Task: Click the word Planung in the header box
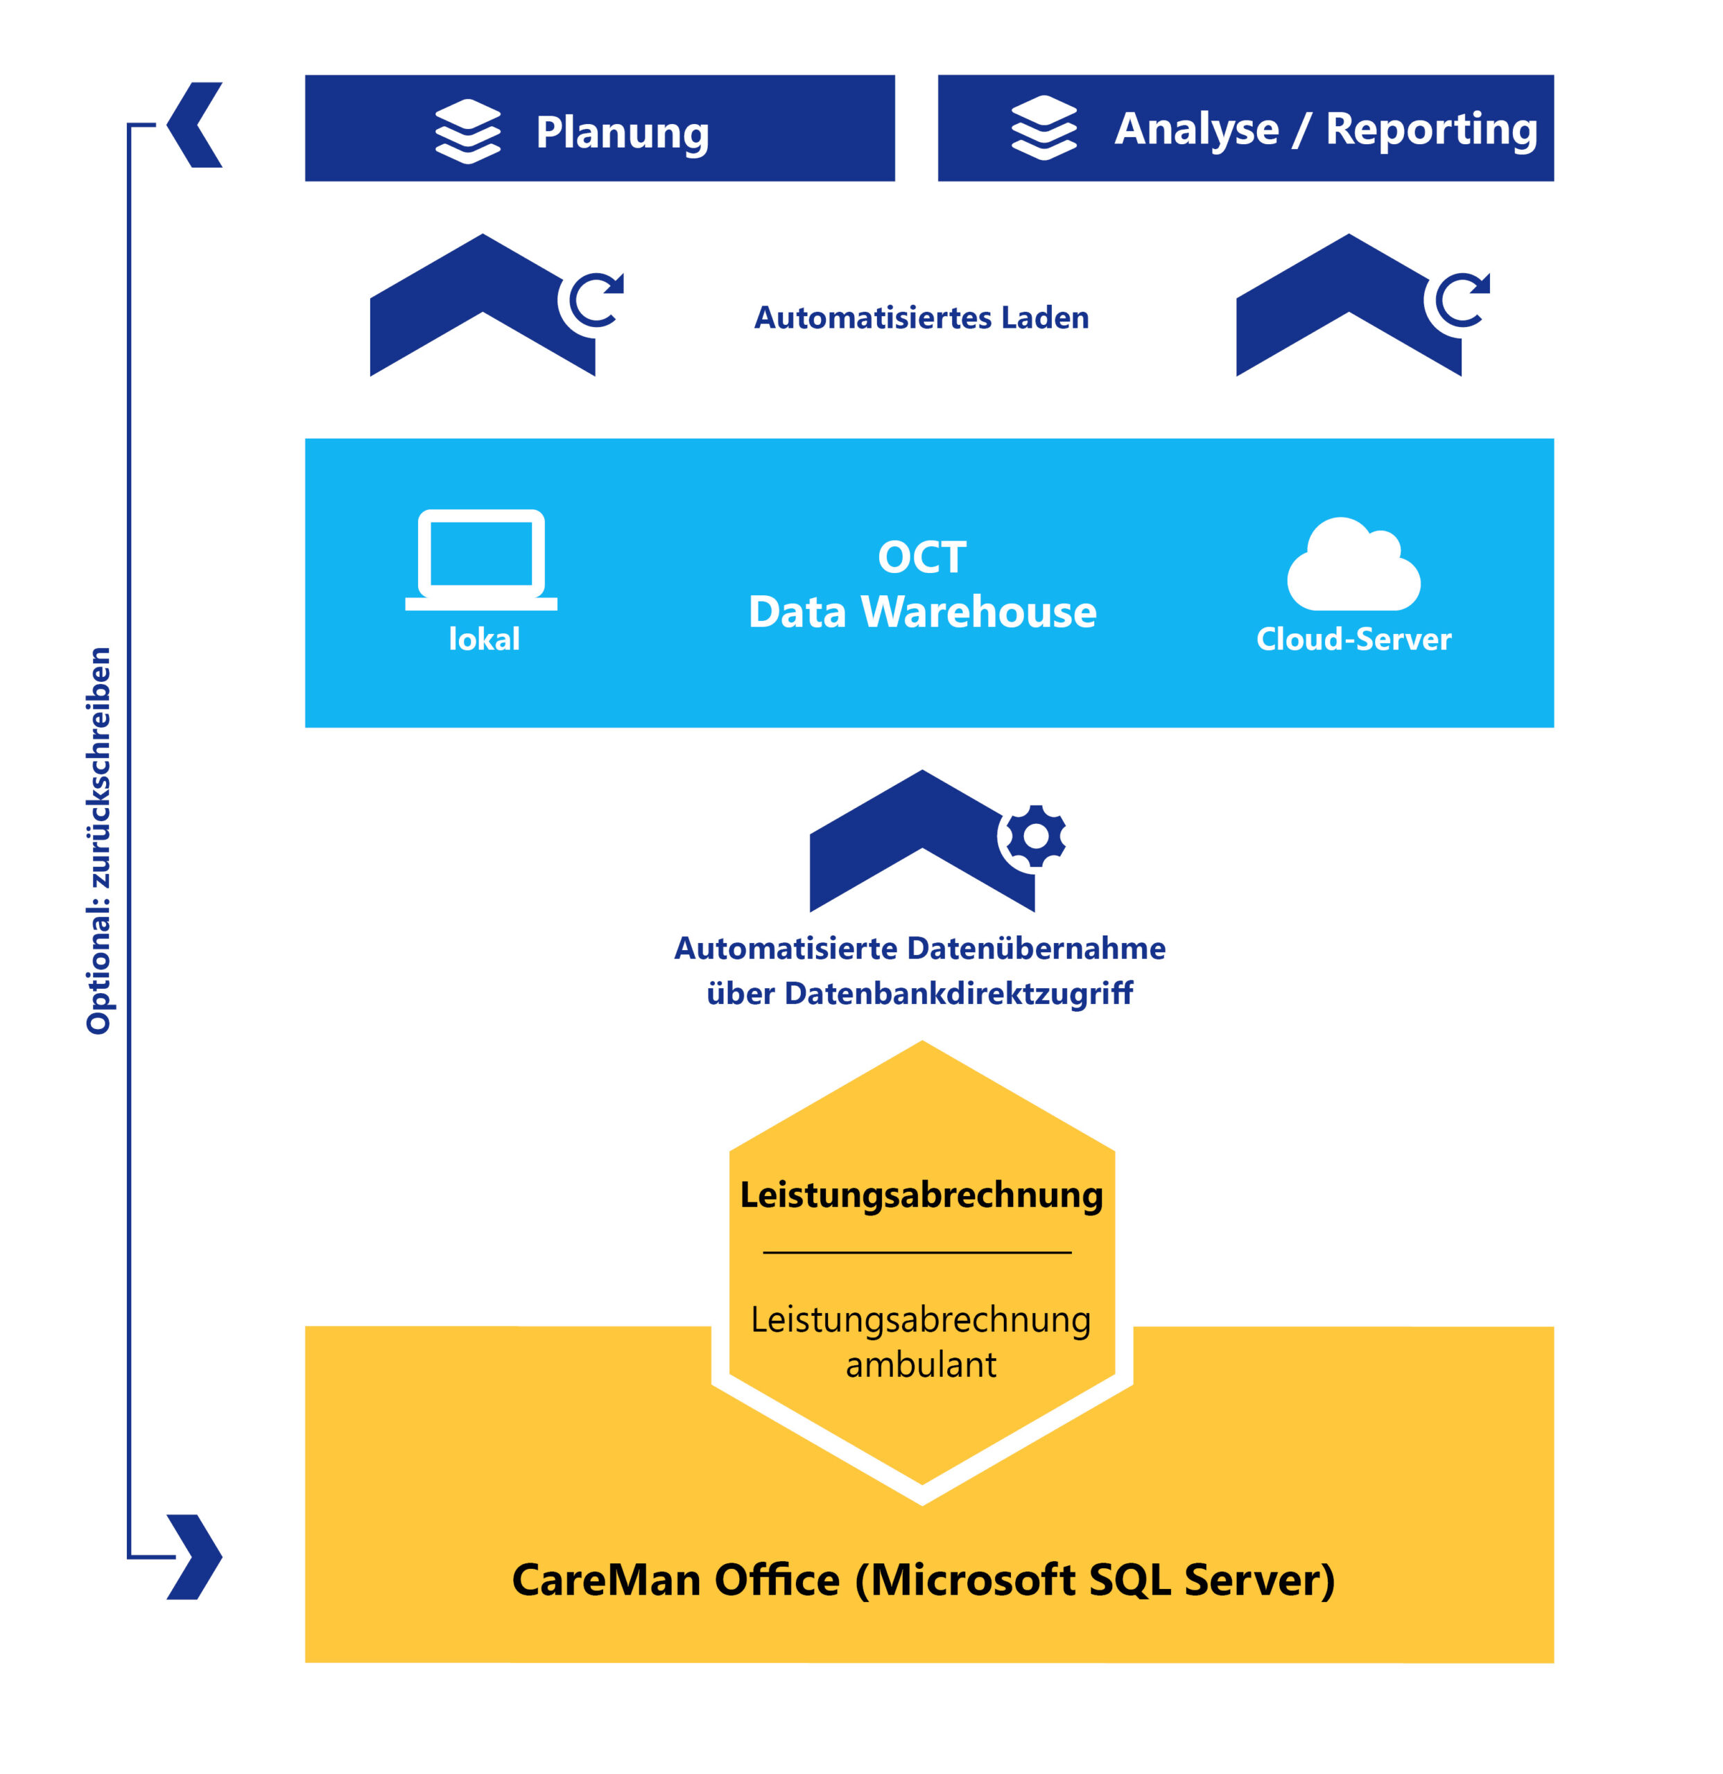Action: point(622,133)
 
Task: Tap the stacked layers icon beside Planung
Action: point(467,131)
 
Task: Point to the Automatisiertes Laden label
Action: point(921,317)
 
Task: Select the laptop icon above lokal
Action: point(480,559)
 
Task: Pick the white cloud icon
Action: point(1353,565)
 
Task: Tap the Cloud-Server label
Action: point(1353,639)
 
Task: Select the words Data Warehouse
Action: point(921,612)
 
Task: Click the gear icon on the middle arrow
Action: point(1035,836)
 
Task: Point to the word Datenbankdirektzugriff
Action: point(958,993)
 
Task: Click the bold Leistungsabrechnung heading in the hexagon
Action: point(921,1195)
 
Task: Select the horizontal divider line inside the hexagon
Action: point(917,1253)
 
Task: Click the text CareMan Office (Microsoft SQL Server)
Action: point(923,1580)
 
